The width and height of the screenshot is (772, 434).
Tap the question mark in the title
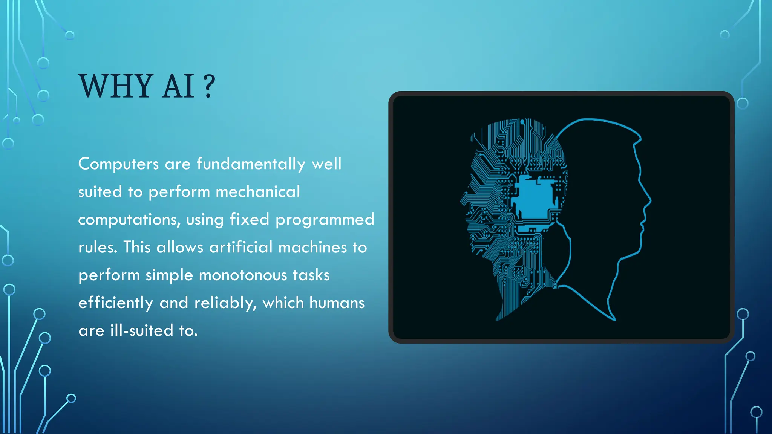coord(208,86)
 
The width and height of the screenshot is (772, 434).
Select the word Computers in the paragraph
coord(118,164)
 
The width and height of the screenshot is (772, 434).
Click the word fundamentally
coord(251,164)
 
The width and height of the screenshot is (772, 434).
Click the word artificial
coord(240,248)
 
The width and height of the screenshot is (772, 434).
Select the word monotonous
coord(243,275)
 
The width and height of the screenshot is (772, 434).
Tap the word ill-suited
coord(142,331)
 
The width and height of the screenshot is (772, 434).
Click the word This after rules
coord(137,248)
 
